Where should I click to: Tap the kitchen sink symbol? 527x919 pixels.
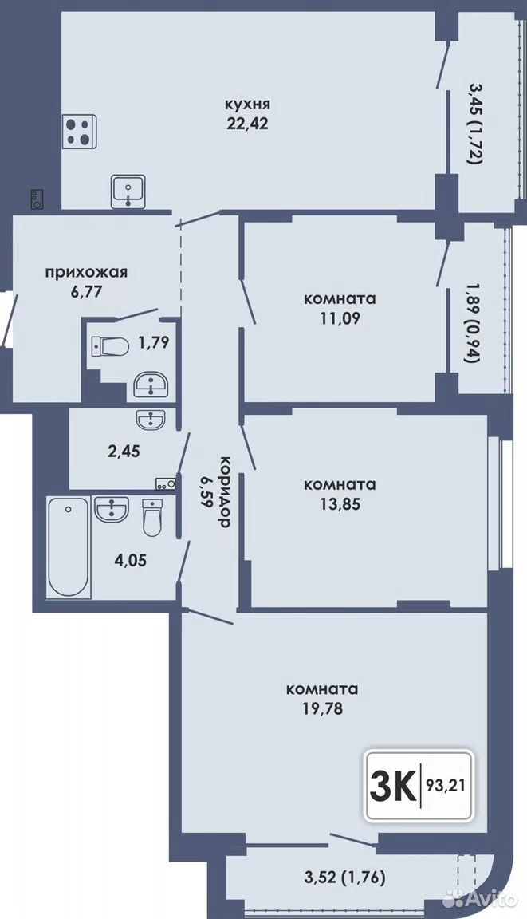click(129, 191)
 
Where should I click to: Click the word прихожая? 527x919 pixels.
click(87, 272)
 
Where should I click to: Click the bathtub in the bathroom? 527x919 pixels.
click(69, 547)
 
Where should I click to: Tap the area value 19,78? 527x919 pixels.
click(322, 708)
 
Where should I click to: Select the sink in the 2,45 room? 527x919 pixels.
click(151, 419)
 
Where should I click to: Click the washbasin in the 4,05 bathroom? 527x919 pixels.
click(112, 509)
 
